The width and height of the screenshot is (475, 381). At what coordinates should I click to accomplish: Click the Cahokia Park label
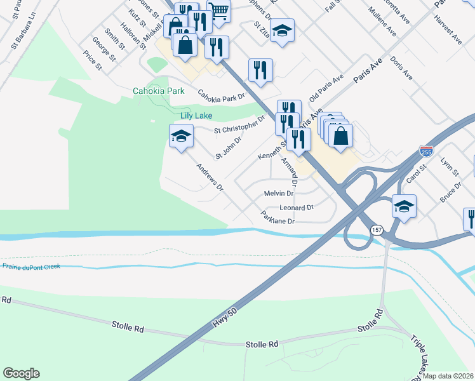coord(159,91)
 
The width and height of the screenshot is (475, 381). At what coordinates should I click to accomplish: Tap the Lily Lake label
coord(196,116)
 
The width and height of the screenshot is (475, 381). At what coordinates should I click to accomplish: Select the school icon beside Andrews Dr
coord(181,136)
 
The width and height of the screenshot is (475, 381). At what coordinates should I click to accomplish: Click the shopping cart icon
coord(218,10)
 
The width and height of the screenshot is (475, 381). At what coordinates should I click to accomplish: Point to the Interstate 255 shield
coord(426,151)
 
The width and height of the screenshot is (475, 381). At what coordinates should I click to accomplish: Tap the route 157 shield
coord(377,229)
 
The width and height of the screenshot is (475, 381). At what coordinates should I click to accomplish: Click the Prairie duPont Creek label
coord(31,266)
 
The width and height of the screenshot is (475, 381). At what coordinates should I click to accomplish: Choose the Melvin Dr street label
coord(278,193)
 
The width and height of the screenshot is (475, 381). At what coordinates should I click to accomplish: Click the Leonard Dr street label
coord(297,208)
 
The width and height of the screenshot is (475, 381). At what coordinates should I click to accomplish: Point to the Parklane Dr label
coord(278,220)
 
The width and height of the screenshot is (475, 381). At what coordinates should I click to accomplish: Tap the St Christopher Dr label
coord(239,125)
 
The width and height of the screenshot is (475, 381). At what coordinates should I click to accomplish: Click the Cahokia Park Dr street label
coord(221,96)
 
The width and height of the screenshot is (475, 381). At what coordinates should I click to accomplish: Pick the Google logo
coord(21,373)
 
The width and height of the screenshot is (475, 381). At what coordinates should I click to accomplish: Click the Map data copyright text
coord(447,376)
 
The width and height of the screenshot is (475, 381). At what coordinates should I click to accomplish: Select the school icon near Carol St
coord(404,206)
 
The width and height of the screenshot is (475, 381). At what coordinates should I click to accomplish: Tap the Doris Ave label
coord(402,68)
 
